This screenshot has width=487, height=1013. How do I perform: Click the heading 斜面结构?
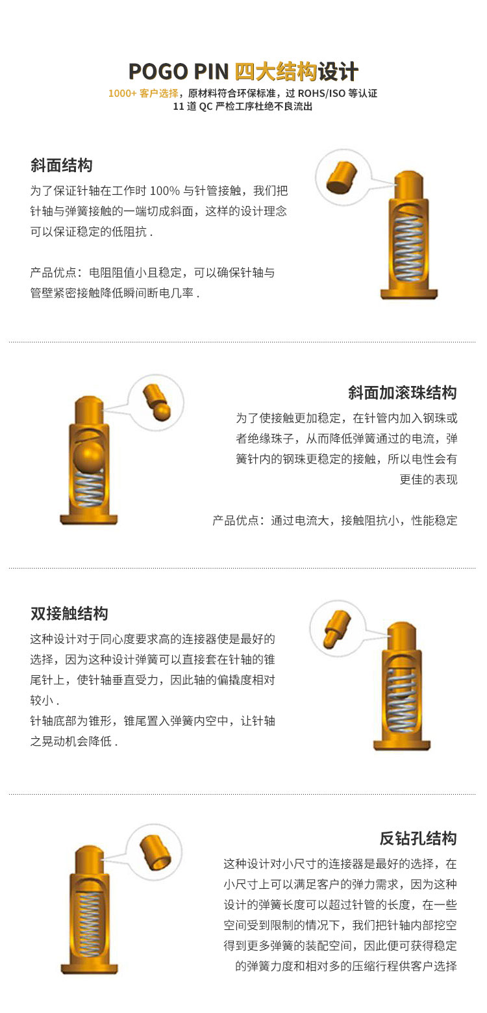(x=62, y=166)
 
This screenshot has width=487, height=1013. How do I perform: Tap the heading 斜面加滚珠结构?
(x=402, y=392)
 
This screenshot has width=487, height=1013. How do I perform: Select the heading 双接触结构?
(x=69, y=613)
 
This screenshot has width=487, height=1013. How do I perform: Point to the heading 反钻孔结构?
(x=418, y=838)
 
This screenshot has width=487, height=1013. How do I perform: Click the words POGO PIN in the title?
(x=179, y=71)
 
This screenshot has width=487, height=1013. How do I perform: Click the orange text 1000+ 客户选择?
(x=144, y=93)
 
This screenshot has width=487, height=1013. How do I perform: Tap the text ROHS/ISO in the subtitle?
(x=321, y=93)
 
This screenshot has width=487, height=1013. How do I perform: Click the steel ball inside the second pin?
(x=89, y=457)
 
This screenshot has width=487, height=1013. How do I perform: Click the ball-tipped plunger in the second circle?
(x=157, y=402)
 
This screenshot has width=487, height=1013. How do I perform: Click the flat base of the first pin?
(x=409, y=294)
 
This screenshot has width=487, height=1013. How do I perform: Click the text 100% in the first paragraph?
(x=164, y=191)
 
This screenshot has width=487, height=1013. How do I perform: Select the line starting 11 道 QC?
(x=243, y=107)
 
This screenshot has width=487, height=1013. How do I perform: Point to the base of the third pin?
(x=402, y=745)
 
